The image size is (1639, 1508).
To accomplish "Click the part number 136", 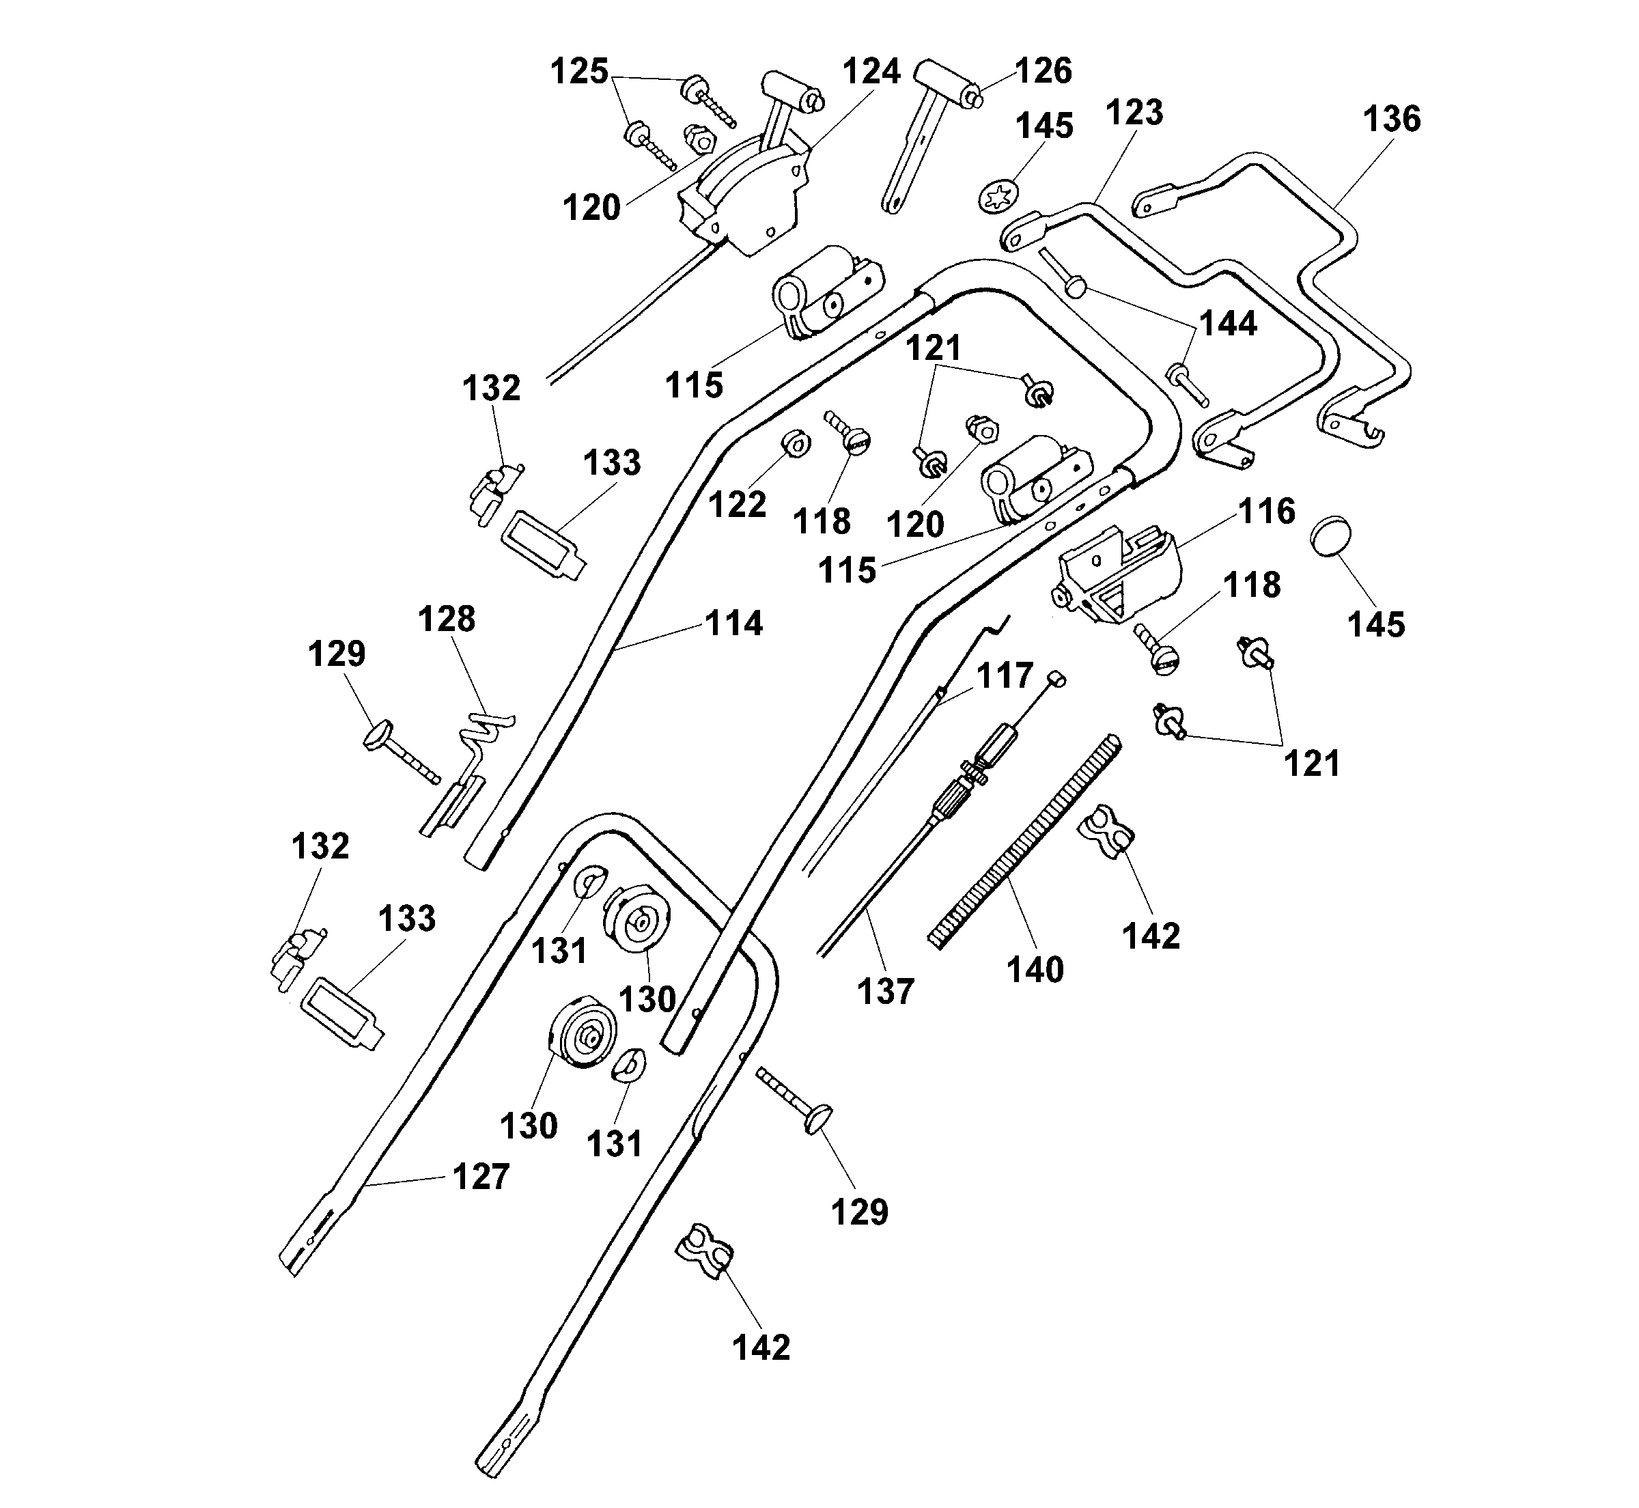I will pos(1391,119).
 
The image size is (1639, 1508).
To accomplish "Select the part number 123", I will pos(1134,113).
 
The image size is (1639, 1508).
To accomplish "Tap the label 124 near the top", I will pos(871,72).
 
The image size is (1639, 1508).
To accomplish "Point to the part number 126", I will pos(1043,71).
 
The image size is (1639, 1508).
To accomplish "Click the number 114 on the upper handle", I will pos(733,624).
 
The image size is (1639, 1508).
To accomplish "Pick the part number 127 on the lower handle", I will pos(481,1177).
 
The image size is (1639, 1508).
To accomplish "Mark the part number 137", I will pos(885,992).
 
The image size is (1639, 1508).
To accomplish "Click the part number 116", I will pos(1266,512).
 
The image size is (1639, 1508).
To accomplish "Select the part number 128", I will pos(446,619).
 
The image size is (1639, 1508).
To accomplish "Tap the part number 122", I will pos(737,505).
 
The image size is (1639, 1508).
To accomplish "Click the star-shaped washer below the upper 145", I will pos(998,197).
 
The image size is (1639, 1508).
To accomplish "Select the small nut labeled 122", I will pos(796,445).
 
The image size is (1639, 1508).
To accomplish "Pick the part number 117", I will pos(1005,675).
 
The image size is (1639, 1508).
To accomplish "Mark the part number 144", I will pos(1228,324).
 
